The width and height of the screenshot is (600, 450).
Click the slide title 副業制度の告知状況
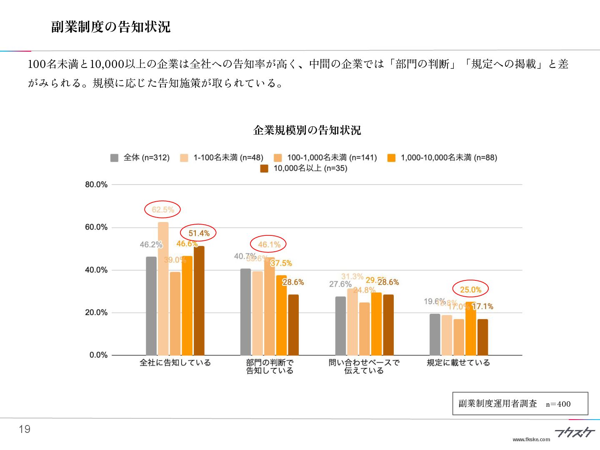[111, 27]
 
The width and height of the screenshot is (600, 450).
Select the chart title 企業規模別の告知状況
[307, 130]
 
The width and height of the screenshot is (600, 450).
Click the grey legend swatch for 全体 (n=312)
[114, 158]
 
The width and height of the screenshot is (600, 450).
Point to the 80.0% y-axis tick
[96, 185]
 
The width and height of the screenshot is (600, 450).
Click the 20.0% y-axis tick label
[96, 312]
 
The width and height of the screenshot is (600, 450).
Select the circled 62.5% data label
[162, 210]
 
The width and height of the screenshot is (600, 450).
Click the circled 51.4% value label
[199, 233]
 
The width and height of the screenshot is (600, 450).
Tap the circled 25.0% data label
[470, 290]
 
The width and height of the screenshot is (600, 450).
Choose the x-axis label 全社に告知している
[175, 362]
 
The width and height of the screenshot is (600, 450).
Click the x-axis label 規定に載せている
[458, 362]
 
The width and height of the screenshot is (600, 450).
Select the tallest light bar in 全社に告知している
[163, 288]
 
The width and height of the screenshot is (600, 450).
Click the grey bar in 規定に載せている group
[435, 334]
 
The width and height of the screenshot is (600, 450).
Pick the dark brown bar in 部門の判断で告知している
[293, 325]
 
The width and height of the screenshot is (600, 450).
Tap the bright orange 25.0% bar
[470, 328]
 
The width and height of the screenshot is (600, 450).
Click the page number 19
[25, 429]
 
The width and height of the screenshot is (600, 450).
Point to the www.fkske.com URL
[531, 439]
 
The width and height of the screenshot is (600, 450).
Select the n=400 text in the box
[558, 404]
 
